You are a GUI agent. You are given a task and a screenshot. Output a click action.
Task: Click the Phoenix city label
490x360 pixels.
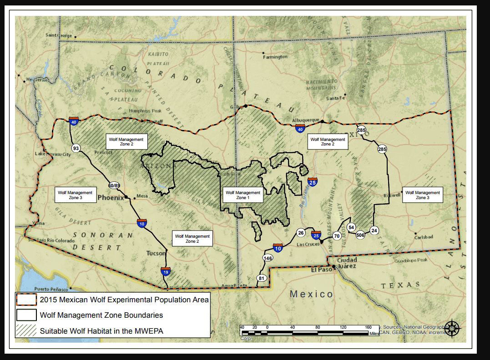click(111, 198)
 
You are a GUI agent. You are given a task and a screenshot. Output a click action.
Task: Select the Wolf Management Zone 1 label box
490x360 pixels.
click(243, 195)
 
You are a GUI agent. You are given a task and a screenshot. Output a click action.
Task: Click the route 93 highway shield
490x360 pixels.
click(76, 148)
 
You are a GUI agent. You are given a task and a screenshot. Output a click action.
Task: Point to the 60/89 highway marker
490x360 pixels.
click(114, 185)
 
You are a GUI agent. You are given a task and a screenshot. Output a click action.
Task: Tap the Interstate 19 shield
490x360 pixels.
click(166, 272)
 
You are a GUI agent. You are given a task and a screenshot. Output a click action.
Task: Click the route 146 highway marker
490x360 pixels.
click(268, 258)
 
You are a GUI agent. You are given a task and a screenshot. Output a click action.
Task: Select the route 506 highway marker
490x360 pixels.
click(360, 235)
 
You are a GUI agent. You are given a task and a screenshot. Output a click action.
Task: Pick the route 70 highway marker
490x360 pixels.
click(337, 236)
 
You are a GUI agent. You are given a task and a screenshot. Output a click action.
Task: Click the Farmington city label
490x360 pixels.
click(276, 57)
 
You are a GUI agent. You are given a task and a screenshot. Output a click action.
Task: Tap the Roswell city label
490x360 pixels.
click(391, 195)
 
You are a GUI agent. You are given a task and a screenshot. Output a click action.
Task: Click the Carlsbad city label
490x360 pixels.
click(424, 237)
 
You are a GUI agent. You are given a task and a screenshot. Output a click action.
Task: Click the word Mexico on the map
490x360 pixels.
click(312, 294)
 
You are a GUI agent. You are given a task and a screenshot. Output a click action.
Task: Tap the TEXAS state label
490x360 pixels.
click(400, 285)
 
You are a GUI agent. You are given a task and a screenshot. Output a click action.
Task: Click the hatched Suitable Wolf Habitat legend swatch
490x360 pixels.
click(26, 330)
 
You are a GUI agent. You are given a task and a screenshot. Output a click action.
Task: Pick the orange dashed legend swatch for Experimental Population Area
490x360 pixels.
click(26, 300)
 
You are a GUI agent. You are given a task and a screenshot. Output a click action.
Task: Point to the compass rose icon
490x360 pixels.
click(452, 327)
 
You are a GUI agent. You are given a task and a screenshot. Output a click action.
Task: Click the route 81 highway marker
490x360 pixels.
click(261, 278)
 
